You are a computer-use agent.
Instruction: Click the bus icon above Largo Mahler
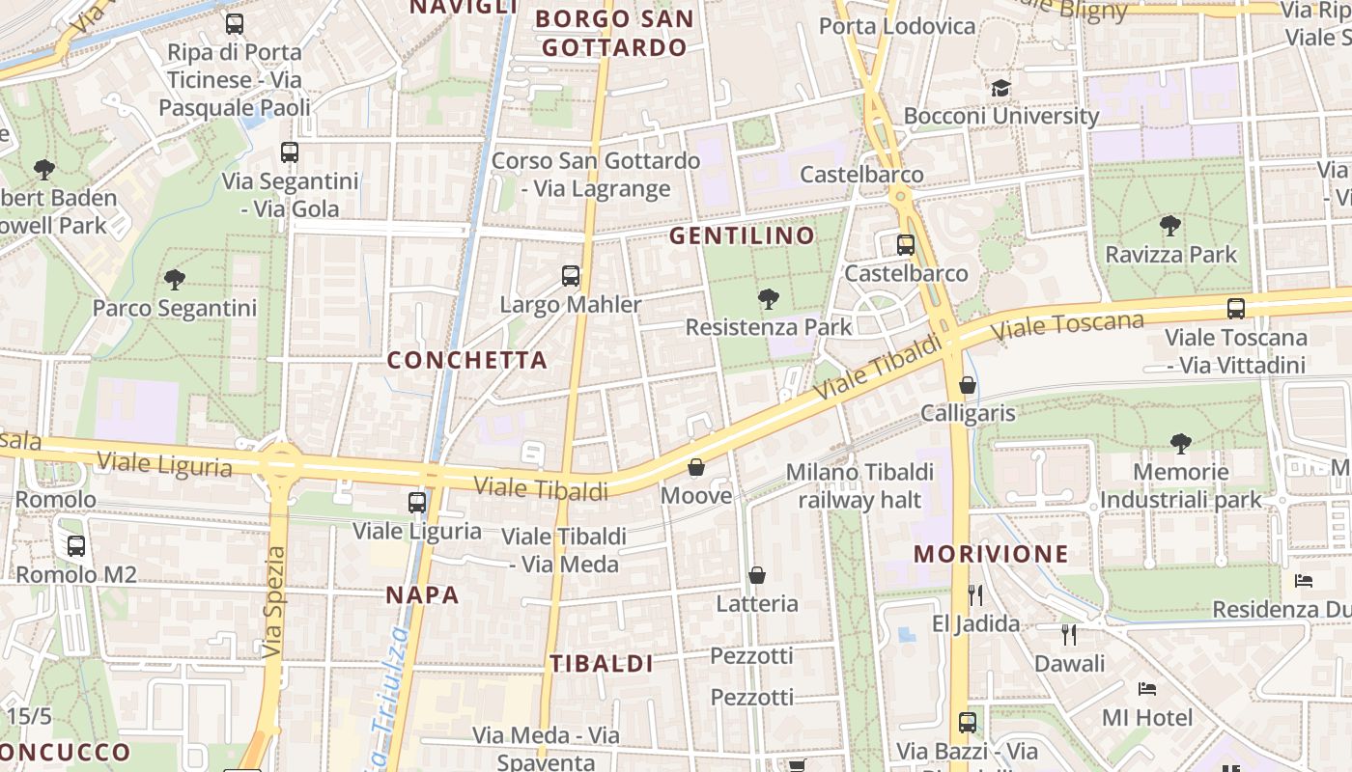point(571,276)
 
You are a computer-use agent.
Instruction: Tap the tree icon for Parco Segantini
point(175,280)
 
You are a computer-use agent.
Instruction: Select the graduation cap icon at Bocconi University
point(1000,88)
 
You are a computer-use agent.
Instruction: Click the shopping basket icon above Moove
point(696,468)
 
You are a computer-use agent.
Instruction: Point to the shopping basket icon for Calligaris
point(968,385)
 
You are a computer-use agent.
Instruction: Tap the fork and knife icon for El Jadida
point(975,594)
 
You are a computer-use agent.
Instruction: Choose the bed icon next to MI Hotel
point(1147,689)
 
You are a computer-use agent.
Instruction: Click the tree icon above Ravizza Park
point(1170,227)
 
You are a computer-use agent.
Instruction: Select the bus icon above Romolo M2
point(76,546)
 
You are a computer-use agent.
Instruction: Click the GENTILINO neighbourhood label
point(743,235)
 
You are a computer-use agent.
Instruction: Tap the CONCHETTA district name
point(467,360)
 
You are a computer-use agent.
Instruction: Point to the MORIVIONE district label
point(992,554)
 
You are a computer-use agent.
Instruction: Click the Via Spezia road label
point(275,603)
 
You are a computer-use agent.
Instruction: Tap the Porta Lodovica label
point(897,26)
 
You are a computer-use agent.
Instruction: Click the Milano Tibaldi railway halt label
point(860,485)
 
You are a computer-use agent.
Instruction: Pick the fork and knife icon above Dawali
point(1069,634)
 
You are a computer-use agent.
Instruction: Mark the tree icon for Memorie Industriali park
point(1180,444)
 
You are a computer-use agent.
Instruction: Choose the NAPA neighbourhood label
point(423,594)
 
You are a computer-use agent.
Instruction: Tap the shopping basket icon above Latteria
point(757,575)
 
